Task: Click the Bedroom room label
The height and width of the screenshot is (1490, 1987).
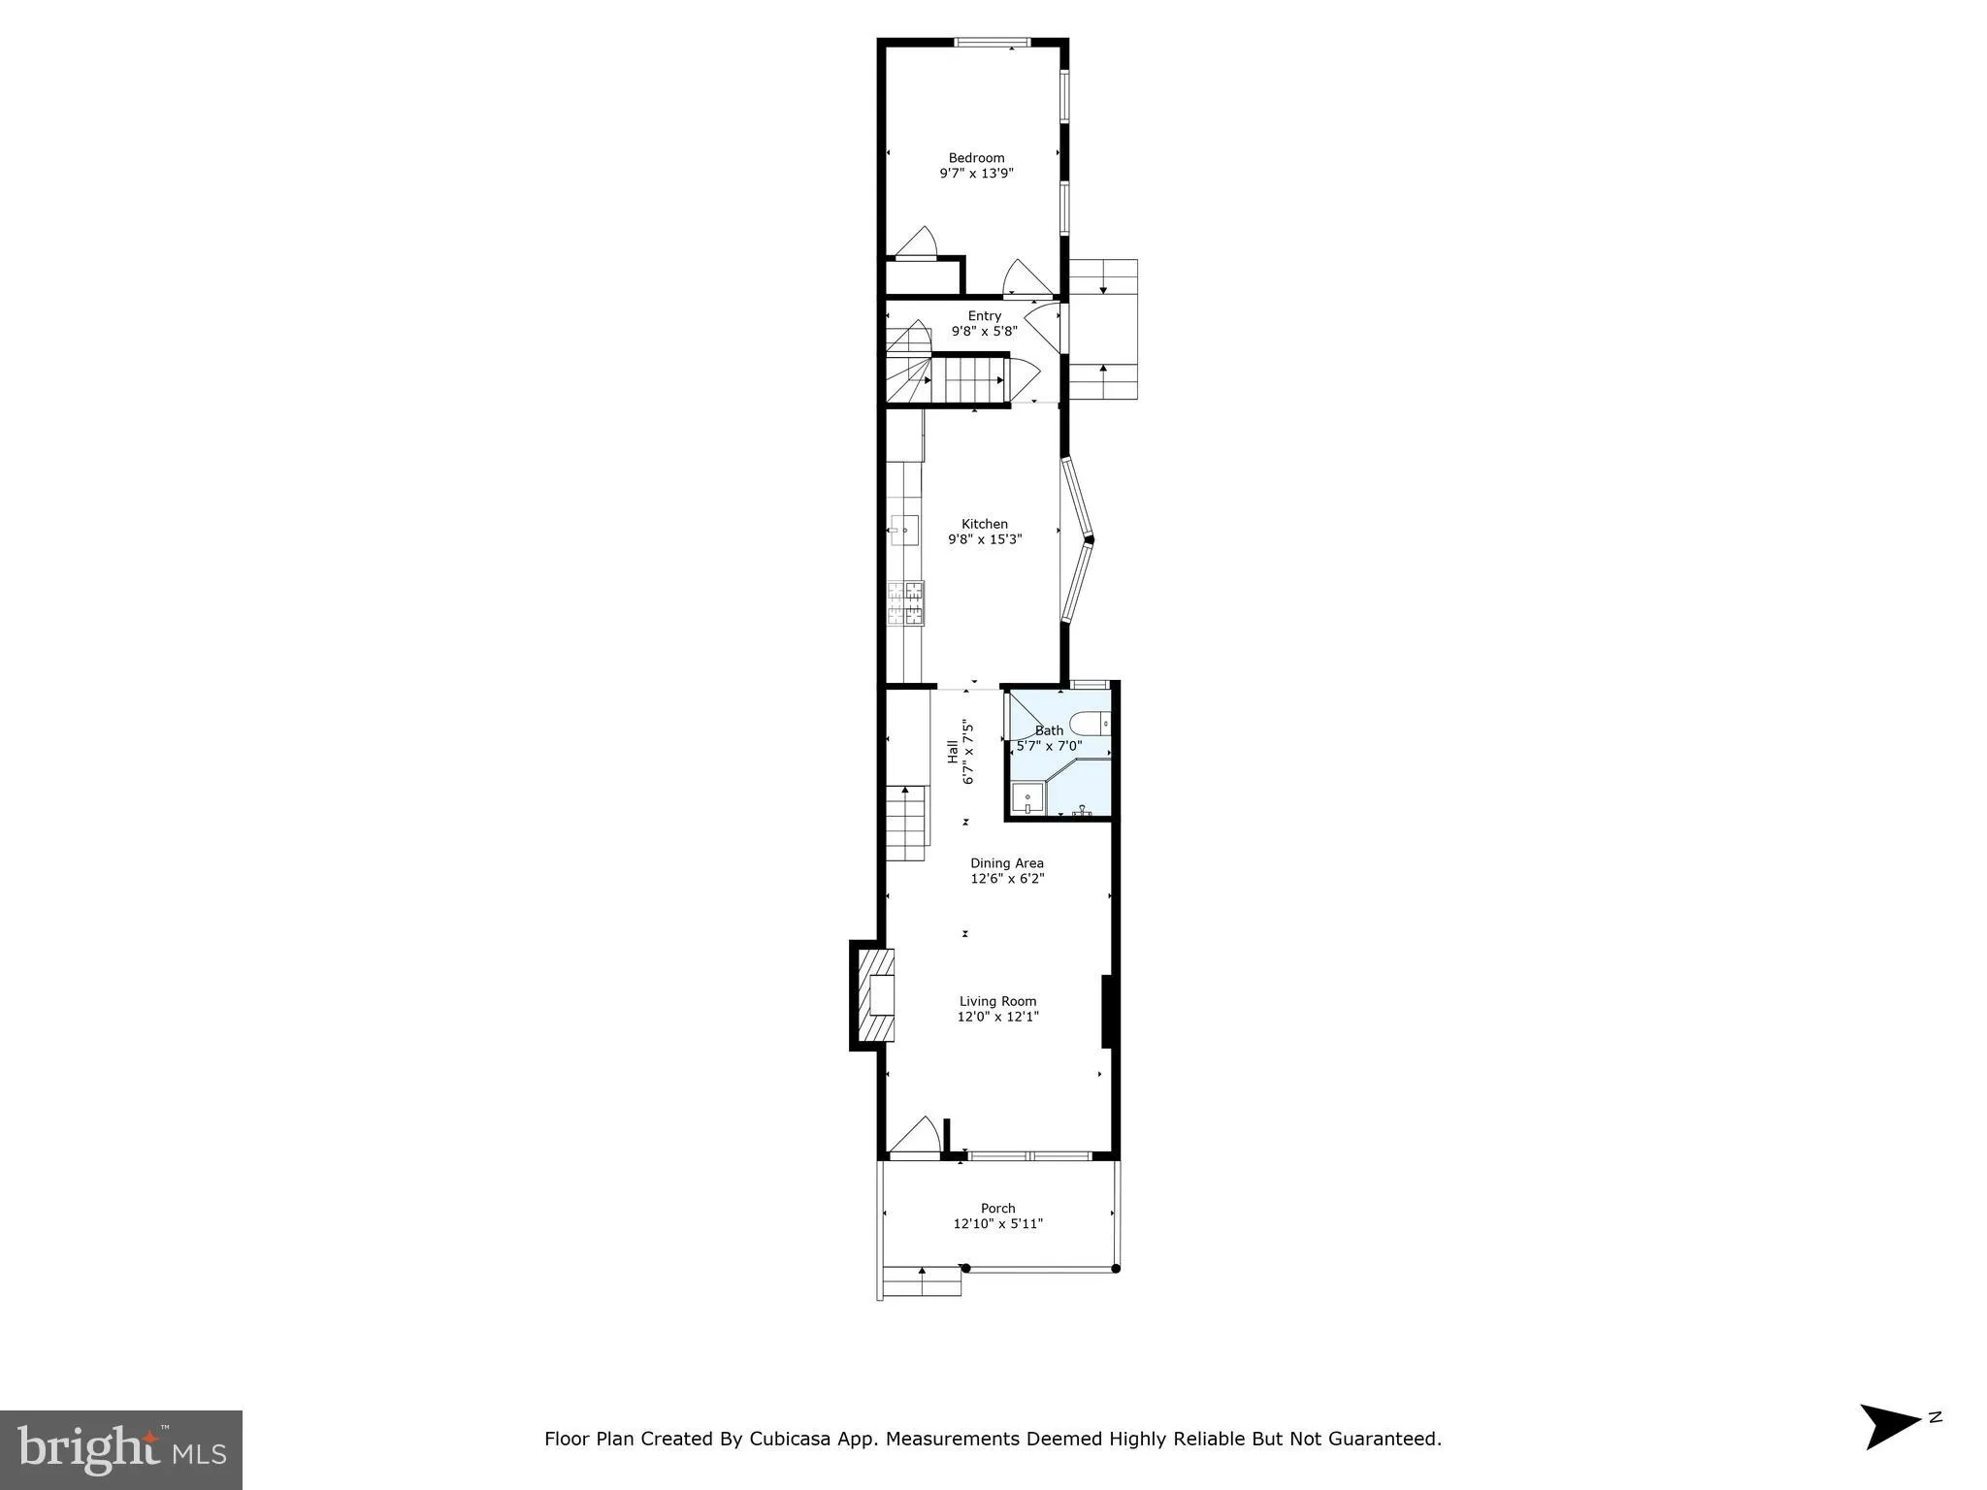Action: [x=976, y=158]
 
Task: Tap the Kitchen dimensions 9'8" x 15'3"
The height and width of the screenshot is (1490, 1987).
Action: [x=985, y=539]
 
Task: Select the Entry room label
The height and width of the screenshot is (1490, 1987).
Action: [x=984, y=315]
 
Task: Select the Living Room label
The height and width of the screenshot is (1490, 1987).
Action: [x=997, y=1001]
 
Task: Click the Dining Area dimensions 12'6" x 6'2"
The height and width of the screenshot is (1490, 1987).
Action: [x=1007, y=879]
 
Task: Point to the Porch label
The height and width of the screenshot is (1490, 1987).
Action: [x=997, y=1208]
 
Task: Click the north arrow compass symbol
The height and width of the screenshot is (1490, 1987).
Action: [x=1893, y=1425]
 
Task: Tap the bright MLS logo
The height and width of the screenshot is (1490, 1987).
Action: [x=121, y=1449]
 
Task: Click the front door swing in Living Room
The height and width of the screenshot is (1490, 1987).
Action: [x=916, y=1137]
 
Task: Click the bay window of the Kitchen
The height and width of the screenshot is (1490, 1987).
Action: [x=1077, y=539]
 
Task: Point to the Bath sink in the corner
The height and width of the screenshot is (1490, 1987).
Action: [x=1026, y=800]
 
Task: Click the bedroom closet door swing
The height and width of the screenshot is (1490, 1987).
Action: [x=915, y=243]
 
